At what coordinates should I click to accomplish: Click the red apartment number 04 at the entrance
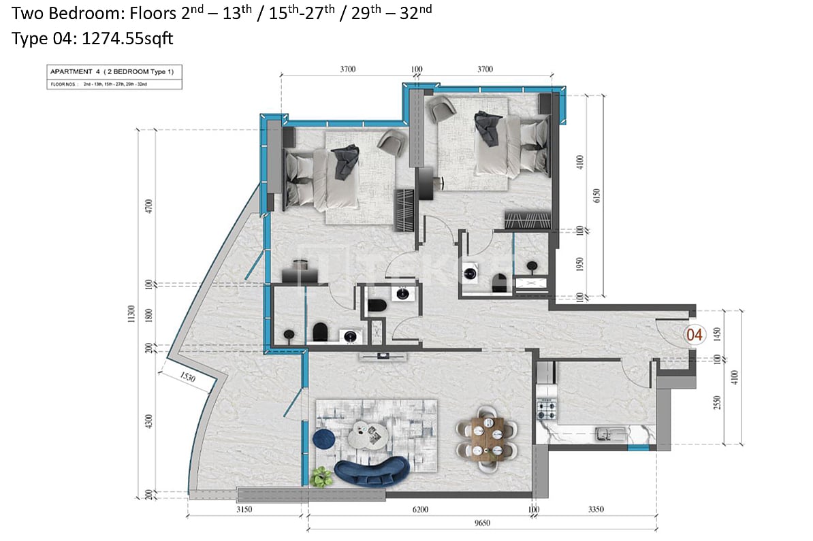[x=695, y=334]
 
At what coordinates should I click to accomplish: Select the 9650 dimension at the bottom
[x=483, y=523]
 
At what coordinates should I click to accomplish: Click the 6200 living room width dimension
[x=419, y=508]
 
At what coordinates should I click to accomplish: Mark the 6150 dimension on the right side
[x=597, y=195]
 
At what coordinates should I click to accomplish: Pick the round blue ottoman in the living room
[x=325, y=439]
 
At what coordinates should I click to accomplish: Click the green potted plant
[x=320, y=477]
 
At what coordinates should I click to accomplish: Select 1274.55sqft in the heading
[x=127, y=39]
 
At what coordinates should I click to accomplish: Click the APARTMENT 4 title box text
[x=114, y=72]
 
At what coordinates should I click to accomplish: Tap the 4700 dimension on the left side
[x=149, y=206]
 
